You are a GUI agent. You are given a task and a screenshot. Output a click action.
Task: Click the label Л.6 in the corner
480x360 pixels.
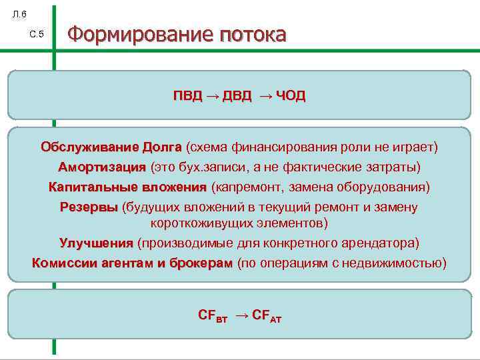19,14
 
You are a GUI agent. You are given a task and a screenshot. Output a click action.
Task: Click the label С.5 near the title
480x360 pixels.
37,34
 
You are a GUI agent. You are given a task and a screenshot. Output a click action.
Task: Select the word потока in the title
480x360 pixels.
250,34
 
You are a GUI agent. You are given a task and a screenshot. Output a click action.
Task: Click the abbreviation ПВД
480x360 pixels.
187,96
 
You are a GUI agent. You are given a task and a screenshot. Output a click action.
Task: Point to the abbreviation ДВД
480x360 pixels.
237,96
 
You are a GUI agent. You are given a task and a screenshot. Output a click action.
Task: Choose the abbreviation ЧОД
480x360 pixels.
291,96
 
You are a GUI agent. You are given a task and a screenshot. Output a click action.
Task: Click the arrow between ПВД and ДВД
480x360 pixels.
212,96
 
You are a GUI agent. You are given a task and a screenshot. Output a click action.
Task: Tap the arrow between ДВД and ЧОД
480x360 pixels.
265,96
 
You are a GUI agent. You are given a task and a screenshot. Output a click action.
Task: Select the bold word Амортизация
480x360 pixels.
101,167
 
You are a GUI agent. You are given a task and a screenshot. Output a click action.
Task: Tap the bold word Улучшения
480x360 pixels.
96,243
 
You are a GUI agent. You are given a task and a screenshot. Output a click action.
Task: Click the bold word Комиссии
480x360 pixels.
62,263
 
